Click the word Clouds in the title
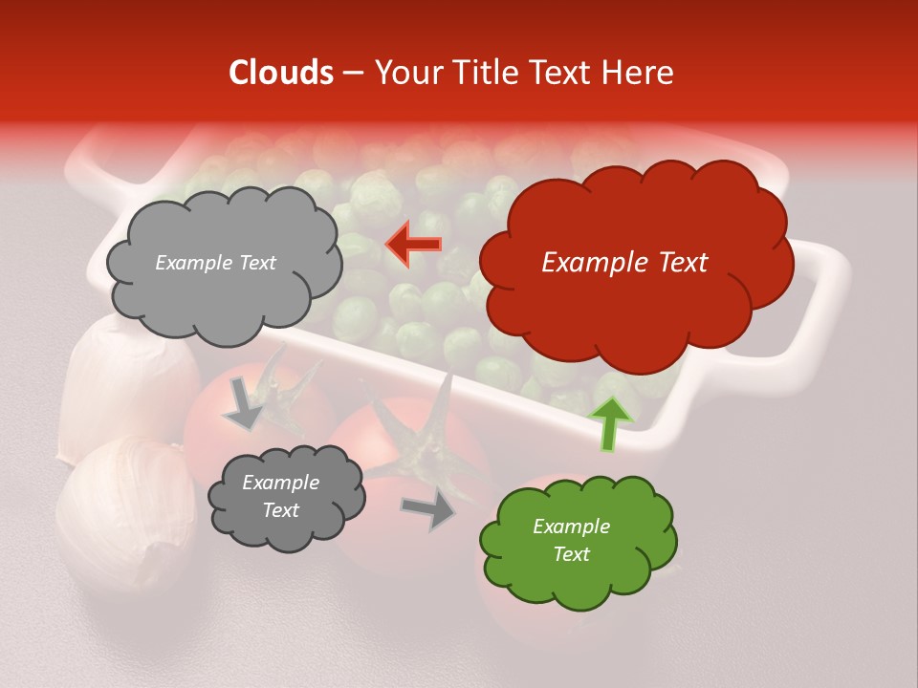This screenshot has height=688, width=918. [x=281, y=73]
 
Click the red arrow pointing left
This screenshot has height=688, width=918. [x=413, y=244]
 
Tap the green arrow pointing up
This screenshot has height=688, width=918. [x=608, y=424]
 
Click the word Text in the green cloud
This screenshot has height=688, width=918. [x=572, y=554]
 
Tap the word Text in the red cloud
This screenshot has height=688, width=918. [x=681, y=263]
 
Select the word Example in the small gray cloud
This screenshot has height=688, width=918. [x=280, y=483]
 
